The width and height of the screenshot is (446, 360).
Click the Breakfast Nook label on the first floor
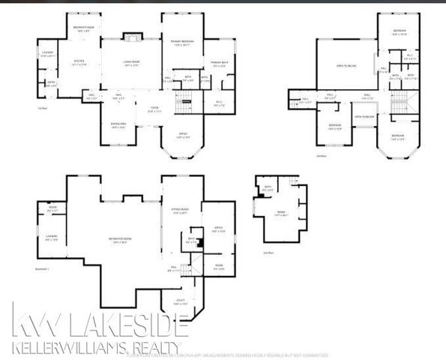pos(82,30)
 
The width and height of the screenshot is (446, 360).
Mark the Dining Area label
pos(118,127)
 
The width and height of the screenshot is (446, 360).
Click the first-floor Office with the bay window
pos(182,136)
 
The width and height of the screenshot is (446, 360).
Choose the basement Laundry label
pos(51,238)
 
